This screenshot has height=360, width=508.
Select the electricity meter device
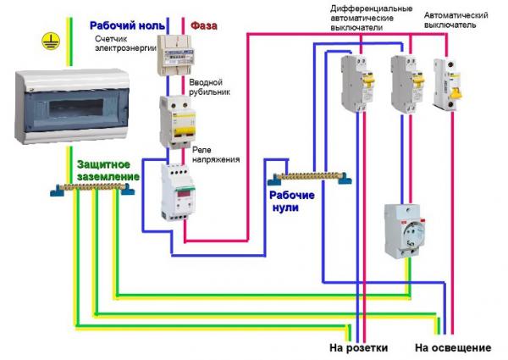178,56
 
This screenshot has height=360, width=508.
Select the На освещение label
453,348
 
